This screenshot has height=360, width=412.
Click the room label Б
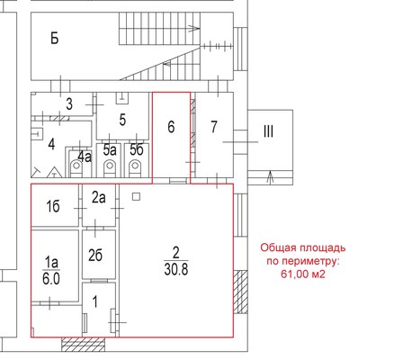click(x=55, y=39)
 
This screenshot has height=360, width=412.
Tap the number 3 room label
click(x=69, y=103)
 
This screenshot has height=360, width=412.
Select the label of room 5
click(x=122, y=120)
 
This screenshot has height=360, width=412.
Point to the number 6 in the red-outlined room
click(x=171, y=127)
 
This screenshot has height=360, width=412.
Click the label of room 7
click(x=213, y=127)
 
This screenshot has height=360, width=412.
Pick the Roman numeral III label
click(x=268, y=131)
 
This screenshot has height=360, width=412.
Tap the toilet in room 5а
click(x=110, y=167)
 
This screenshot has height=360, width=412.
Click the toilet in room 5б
click(x=135, y=167)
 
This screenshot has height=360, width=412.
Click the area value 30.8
click(x=176, y=269)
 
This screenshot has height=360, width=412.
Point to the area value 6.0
click(x=51, y=279)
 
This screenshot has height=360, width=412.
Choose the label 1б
click(x=53, y=207)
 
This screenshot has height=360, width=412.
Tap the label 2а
click(x=99, y=198)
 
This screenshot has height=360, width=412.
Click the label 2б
click(x=95, y=256)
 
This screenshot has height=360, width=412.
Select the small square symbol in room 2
click(x=136, y=197)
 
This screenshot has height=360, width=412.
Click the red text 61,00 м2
click(x=303, y=274)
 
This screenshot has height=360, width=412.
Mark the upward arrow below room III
click(x=271, y=177)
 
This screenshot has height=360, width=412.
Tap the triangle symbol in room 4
click(x=54, y=172)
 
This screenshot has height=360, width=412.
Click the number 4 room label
click(x=51, y=144)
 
